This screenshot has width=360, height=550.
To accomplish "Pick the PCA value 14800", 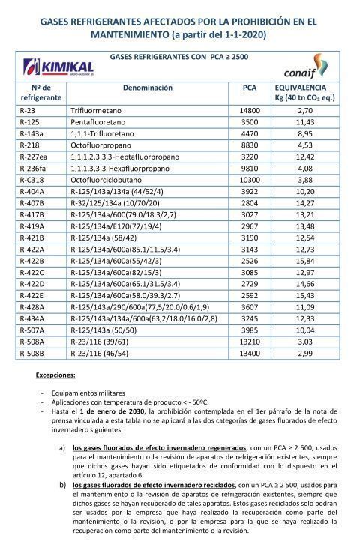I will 250,110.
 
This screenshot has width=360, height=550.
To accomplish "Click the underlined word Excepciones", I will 56,373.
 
